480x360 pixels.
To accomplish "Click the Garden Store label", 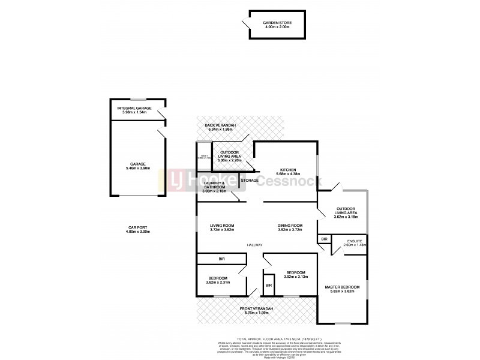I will tap(276, 23).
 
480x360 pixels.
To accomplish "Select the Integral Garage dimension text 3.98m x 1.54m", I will tap(134, 112).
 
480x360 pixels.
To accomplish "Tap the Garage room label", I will tap(139, 163).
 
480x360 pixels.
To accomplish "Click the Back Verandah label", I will tap(221, 124).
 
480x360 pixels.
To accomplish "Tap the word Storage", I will tap(250, 180).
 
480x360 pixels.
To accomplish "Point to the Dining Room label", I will tap(290, 226).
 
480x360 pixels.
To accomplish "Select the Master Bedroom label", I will tap(342, 287).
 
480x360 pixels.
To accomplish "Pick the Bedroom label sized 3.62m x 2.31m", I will tap(217, 278).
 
